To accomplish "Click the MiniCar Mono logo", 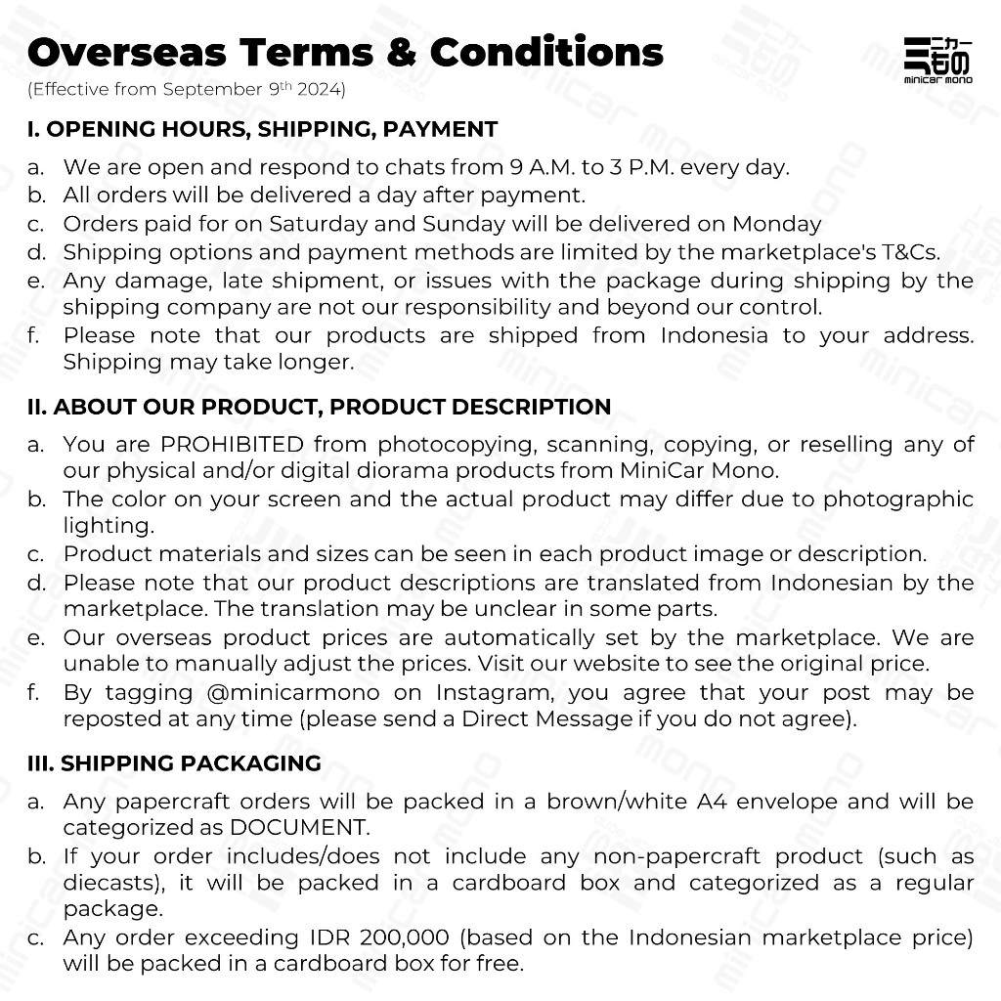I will (x=936, y=60).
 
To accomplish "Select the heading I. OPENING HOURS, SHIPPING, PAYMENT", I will (x=262, y=129).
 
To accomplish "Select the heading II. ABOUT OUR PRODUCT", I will (x=319, y=407).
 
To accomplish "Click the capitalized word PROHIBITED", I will (x=232, y=444).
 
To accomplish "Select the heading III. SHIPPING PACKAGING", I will (x=174, y=763).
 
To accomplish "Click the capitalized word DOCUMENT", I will (x=299, y=827).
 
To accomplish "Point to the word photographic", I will (x=898, y=499).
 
